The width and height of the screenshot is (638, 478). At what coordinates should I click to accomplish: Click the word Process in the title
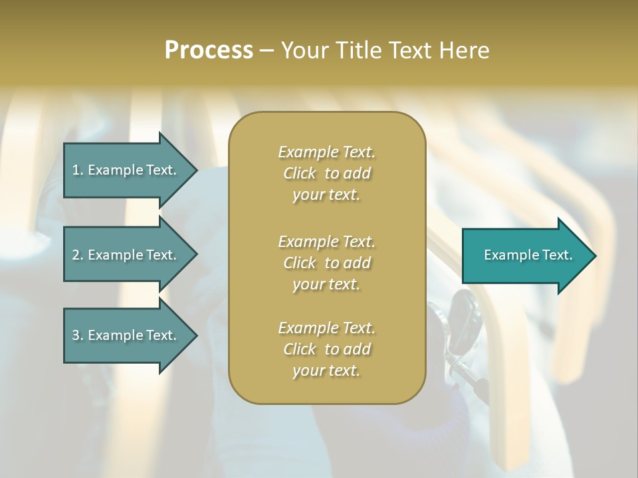coord(209,50)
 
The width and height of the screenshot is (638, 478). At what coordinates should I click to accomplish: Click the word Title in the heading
coord(359,50)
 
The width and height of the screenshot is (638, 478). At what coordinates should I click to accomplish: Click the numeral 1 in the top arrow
coord(76,170)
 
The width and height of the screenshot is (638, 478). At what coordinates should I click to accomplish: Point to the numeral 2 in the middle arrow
coord(76,255)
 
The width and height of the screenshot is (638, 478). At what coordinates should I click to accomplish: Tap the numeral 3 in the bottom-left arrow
coord(76,335)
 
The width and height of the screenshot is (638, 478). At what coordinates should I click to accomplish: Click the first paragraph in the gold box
coord(326,173)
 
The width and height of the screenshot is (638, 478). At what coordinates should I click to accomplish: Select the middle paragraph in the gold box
coord(326,262)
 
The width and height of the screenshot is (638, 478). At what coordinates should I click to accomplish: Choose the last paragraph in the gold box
coord(326,349)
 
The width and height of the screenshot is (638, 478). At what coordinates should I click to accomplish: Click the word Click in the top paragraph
coord(300,173)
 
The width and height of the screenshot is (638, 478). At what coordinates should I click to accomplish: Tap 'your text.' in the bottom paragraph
coord(326,370)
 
